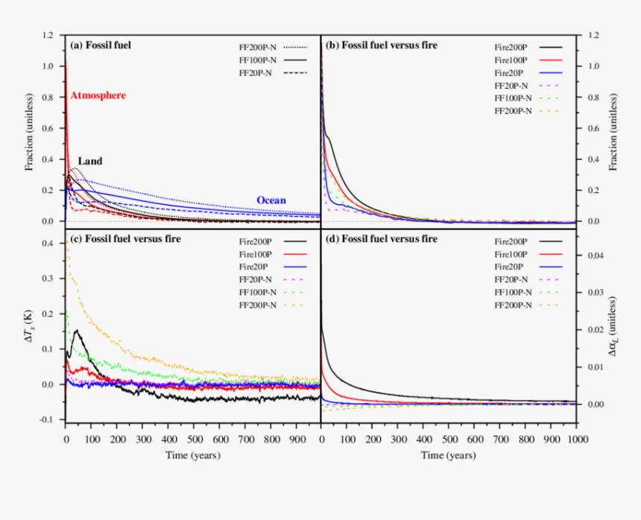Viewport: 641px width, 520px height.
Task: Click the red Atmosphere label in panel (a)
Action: click(x=98, y=95)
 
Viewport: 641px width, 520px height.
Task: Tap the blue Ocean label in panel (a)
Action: click(x=271, y=200)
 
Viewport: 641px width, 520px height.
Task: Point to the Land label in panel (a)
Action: click(x=90, y=161)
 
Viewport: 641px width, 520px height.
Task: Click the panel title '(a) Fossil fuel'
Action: click(x=100, y=45)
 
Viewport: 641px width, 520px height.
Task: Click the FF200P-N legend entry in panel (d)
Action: click(x=514, y=305)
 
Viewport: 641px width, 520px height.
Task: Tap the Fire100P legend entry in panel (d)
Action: click(x=510, y=254)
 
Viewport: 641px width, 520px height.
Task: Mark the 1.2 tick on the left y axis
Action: click(x=48, y=35)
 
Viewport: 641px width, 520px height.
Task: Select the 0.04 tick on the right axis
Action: click(x=595, y=256)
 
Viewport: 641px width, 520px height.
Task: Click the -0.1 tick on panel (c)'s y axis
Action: click(x=47, y=420)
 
